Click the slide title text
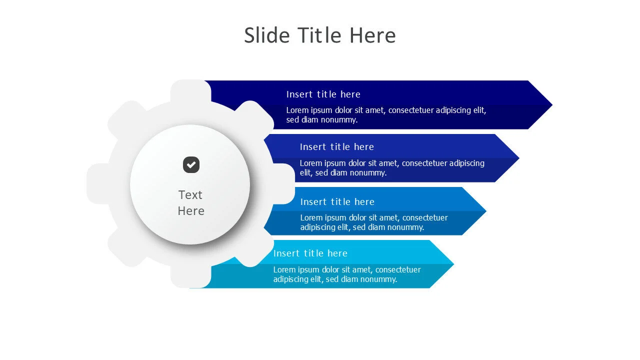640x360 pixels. pos(319,35)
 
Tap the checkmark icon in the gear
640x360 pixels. pos(191,165)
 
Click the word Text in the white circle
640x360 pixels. pos(190,195)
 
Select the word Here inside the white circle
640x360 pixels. pos(191,211)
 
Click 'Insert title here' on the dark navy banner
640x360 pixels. pos(323,94)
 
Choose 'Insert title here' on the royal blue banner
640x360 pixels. pos(337,147)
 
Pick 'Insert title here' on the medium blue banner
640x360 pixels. pos(337,201)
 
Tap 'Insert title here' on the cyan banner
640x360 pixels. pos(310,253)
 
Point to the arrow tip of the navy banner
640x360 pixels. pos(552,105)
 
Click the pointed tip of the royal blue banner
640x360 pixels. pos(519,158)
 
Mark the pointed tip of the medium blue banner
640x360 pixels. pos(485,211)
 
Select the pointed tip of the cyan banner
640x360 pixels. pos(453,264)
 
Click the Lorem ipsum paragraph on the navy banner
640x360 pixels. pos(386,115)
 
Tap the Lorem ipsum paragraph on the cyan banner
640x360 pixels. pos(347,274)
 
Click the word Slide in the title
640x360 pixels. pos(267,35)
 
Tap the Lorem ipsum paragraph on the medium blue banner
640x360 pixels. pos(374,222)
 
